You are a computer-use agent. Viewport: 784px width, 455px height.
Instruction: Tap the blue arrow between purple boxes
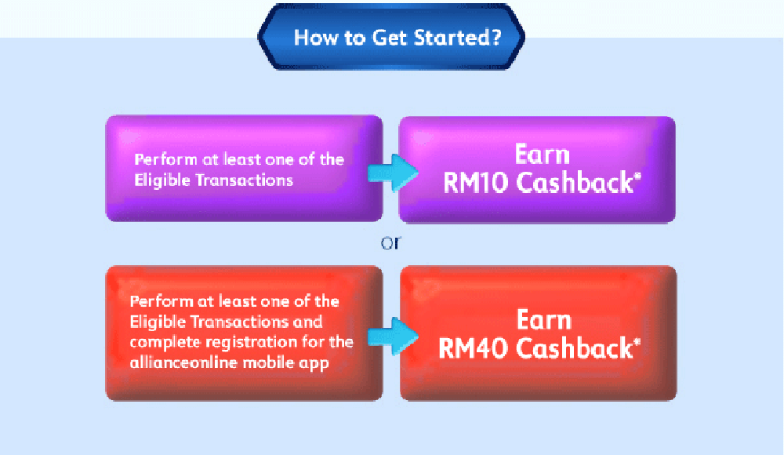(391, 169)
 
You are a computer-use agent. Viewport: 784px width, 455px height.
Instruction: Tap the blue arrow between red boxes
(391, 333)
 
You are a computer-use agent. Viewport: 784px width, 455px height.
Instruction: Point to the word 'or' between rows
(390, 242)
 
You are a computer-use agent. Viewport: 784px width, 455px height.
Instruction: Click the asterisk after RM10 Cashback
(637, 177)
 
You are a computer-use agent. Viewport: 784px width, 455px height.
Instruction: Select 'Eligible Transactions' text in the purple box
(213, 180)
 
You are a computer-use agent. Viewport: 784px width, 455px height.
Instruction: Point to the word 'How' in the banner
(311, 38)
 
